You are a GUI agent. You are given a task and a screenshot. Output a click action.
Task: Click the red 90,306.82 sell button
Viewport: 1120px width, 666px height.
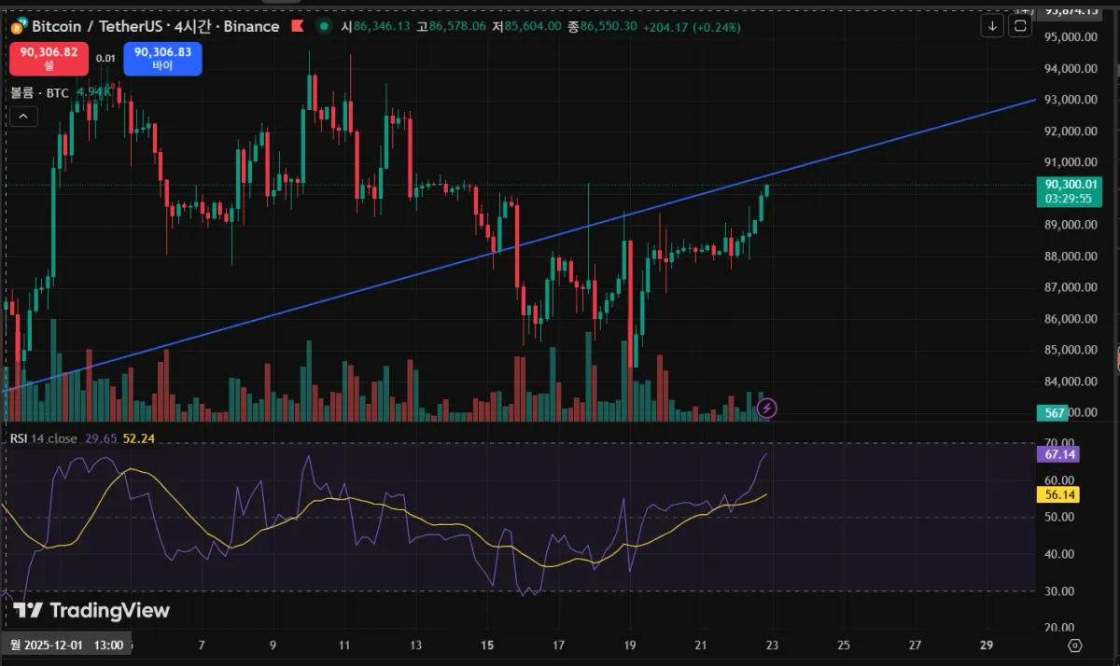coord(49,59)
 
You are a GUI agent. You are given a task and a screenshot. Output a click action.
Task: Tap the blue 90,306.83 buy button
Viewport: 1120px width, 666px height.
coord(162,59)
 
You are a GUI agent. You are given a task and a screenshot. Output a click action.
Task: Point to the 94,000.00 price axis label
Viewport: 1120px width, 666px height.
coord(1069,68)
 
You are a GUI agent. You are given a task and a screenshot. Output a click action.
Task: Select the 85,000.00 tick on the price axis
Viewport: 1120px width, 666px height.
coord(1069,350)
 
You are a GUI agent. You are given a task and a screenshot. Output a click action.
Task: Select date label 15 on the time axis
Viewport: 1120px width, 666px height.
coord(487,645)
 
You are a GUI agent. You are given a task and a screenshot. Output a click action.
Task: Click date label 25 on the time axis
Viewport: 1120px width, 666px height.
coord(844,645)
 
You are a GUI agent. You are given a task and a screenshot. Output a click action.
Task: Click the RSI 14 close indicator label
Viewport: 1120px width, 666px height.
coord(44,438)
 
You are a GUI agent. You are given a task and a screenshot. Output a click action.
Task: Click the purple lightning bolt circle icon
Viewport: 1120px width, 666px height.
coord(766,408)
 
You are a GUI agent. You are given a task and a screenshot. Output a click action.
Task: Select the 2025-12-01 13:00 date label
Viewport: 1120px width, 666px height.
coord(67,645)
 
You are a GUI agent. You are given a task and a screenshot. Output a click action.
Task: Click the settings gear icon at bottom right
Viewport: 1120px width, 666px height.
coord(1074,645)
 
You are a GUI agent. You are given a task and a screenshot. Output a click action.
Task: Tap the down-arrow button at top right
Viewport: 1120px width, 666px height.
coord(992,26)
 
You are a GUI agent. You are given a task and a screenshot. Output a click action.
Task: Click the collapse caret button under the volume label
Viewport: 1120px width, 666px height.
coord(23,116)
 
